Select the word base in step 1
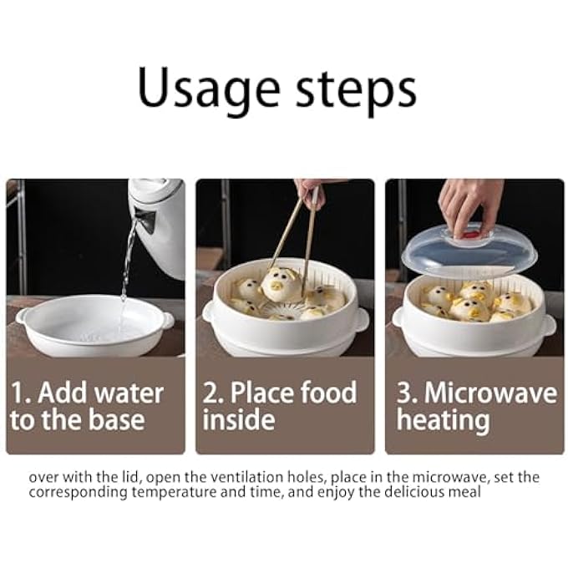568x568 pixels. pyautogui.click(x=117, y=420)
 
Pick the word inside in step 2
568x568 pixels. pyautogui.click(x=239, y=420)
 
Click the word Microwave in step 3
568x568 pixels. pyautogui.click(x=491, y=393)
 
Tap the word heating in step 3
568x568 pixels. pyautogui.click(x=443, y=421)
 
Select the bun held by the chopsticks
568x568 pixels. pyautogui.click(x=281, y=284)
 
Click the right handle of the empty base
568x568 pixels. pyautogui.click(x=167, y=321)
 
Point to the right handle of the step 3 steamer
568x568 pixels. pyautogui.click(x=549, y=325)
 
